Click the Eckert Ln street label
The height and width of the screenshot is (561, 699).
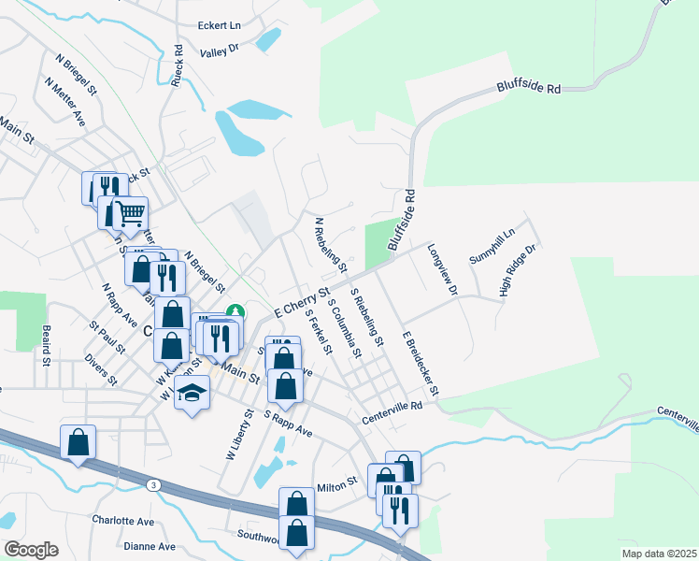[x=219, y=26]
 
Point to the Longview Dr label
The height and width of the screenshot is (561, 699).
[x=442, y=270]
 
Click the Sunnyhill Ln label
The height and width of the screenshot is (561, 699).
[x=492, y=246]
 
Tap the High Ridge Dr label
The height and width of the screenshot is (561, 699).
[x=520, y=271]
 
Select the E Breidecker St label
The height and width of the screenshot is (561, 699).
[x=421, y=362]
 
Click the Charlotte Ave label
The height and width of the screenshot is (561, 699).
[x=121, y=520]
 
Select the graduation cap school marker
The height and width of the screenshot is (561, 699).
[x=192, y=391]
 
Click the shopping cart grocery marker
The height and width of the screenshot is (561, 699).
[x=130, y=213]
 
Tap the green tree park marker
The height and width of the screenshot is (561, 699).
[x=237, y=311]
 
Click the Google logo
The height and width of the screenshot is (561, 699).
[x=31, y=550]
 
